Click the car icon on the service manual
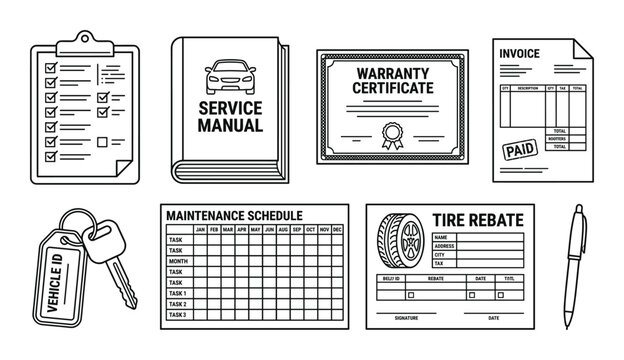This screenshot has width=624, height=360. coord(230,76)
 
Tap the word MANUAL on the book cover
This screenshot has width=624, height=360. coord(231,127)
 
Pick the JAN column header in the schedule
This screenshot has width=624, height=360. coord(200,229)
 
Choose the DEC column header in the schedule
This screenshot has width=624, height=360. coord(338,229)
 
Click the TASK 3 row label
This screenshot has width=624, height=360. coord(178,315)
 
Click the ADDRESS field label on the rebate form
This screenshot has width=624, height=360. coord(446,246)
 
